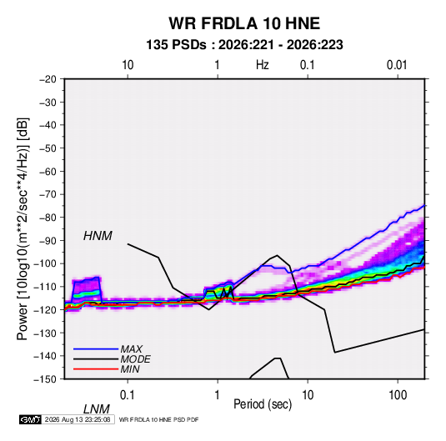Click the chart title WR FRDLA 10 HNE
(x=244, y=23)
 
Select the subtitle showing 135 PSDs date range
(x=244, y=45)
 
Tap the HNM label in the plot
(x=98, y=236)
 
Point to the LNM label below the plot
(x=97, y=409)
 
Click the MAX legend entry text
(x=132, y=349)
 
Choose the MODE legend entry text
(x=135, y=359)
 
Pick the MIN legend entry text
(x=130, y=369)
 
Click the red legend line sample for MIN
(x=96, y=369)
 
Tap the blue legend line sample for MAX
(x=96, y=349)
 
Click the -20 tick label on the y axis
(x=48, y=79)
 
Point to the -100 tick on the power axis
(x=45, y=263)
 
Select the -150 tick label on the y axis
(x=45, y=379)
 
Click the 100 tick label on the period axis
(x=397, y=395)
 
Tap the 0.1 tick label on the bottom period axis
(x=128, y=395)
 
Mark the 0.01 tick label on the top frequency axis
(x=397, y=65)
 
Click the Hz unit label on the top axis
(x=263, y=65)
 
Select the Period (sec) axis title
(x=263, y=404)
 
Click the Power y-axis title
(x=23, y=229)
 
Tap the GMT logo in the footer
(x=30, y=419)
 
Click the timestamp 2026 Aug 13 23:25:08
(x=78, y=419)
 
